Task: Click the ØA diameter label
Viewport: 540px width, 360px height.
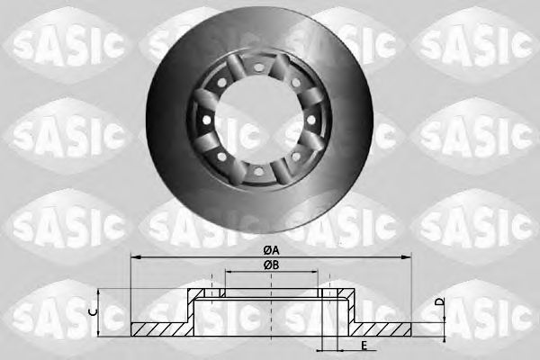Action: point(269,249)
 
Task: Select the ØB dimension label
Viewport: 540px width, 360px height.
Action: point(269,265)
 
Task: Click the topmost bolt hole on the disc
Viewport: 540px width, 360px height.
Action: point(258,68)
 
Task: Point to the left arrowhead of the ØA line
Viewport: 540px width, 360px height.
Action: point(136,256)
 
